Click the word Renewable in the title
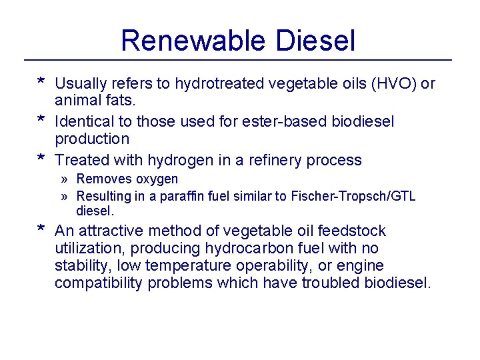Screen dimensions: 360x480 (189, 41)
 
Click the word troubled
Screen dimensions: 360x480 (330, 283)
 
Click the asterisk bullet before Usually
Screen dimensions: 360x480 (41, 83)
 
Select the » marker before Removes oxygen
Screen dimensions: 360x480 (64, 179)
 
